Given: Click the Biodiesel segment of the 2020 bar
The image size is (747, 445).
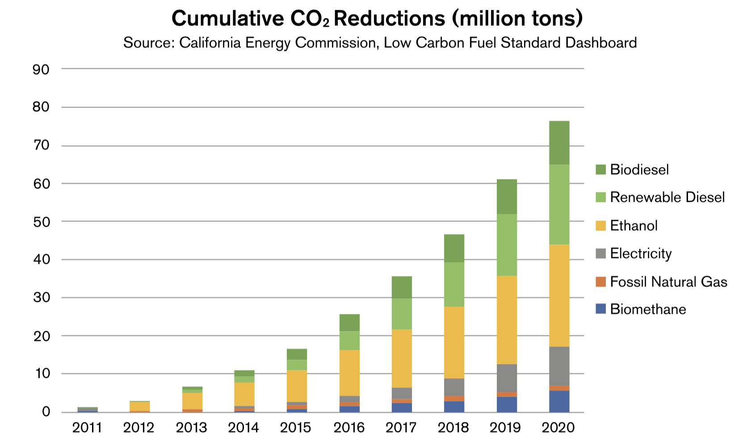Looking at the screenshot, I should pyautogui.click(x=559, y=143).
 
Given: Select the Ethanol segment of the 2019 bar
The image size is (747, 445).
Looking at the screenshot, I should pyautogui.click(x=507, y=320).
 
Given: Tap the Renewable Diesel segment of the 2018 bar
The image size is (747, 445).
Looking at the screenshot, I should pyautogui.click(x=454, y=284).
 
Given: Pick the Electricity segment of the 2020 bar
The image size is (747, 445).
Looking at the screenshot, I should pyautogui.click(x=559, y=366).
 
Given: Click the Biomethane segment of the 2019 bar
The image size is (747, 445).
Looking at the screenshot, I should pyautogui.click(x=507, y=404).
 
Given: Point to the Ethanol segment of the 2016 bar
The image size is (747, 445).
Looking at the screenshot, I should pyautogui.click(x=349, y=373).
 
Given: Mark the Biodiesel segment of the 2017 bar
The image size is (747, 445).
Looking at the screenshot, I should pyautogui.click(x=402, y=287).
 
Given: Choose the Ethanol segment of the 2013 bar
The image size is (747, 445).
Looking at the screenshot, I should pyautogui.click(x=192, y=401).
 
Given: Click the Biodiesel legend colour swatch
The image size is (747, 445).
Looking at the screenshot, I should pyautogui.click(x=601, y=169).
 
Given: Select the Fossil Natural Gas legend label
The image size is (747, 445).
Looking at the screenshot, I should pyautogui.click(x=668, y=282).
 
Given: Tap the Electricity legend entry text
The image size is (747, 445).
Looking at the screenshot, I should pyautogui.click(x=641, y=254).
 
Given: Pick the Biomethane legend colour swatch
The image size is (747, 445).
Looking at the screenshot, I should pyautogui.click(x=601, y=309).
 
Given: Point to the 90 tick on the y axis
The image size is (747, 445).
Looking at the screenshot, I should pyautogui.click(x=41, y=69).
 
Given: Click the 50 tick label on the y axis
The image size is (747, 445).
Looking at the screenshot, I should pyautogui.click(x=41, y=222).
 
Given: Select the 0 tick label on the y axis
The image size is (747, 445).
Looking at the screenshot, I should pyautogui.click(x=46, y=412).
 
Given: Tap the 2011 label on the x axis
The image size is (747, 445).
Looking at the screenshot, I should pyautogui.click(x=87, y=428).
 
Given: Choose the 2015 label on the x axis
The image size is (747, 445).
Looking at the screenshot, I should pyautogui.click(x=296, y=428).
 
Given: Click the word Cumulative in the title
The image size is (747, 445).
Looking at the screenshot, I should pyautogui.click(x=227, y=19).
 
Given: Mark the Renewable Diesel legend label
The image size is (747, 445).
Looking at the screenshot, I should pyautogui.click(x=667, y=197).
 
